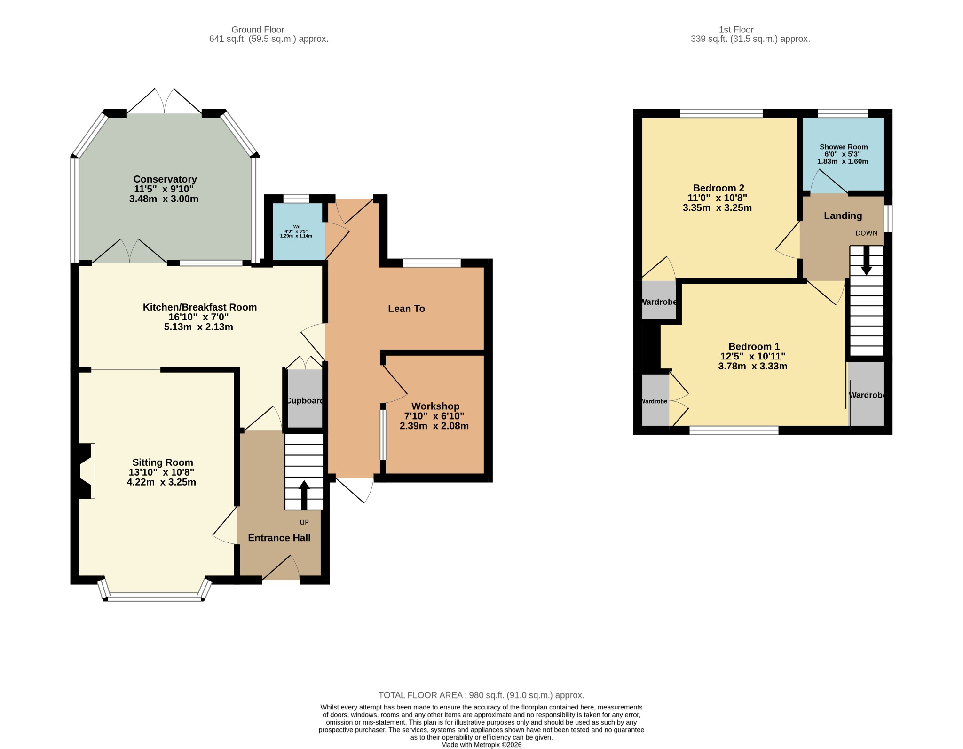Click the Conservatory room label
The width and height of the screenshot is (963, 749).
coord(165,179)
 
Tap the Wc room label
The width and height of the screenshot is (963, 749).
coord(297,227)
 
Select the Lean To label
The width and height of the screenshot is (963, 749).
coord(406,309)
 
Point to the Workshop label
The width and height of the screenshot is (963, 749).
coord(435,406)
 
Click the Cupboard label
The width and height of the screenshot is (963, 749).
coord(305,401)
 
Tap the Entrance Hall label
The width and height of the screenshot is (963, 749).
coord(279,538)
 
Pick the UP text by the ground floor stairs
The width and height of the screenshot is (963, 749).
coord(304,522)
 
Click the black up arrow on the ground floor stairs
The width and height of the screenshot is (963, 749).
coord(304,495)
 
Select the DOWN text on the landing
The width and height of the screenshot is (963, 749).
coord(866,233)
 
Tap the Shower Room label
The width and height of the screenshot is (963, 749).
coord(844,147)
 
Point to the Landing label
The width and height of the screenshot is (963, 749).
coord(843,216)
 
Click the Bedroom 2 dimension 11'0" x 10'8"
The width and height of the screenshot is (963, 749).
coord(717,198)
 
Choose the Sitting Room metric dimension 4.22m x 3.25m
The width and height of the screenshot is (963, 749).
coord(161,482)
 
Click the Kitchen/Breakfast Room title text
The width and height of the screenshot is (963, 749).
coord(200,307)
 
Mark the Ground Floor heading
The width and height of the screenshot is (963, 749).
coord(258,30)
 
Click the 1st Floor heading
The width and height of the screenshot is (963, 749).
coord(736,30)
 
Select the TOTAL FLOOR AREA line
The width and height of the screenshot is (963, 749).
coord(481,695)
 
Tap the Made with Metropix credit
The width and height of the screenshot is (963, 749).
coord(481,745)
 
